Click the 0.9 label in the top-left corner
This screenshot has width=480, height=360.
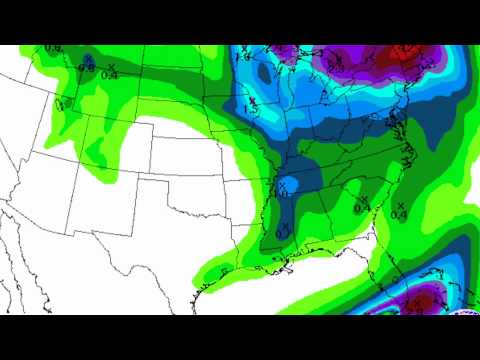pyautogui.click(x=52, y=49)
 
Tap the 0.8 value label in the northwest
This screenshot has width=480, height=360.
pyautogui.click(x=88, y=69)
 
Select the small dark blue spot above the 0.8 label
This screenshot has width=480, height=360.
pyautogui.click(x=88, y=58)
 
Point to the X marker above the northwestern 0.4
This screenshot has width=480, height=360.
pyautogui.click(x=110, y=66)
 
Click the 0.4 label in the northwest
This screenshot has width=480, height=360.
pyautogui.click(x=110, y=75)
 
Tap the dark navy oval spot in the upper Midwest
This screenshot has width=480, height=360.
pyautogui.click(x=263, y=72)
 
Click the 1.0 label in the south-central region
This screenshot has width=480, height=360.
pyautogui.click(x=284, y=193)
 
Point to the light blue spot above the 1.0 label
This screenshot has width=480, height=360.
pyautogui.click(x=285, y=182)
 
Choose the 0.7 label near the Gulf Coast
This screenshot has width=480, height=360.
pyautogui.click(x=281, y=233)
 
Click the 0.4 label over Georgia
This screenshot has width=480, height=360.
pyautogui.click(x=361, y=208)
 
